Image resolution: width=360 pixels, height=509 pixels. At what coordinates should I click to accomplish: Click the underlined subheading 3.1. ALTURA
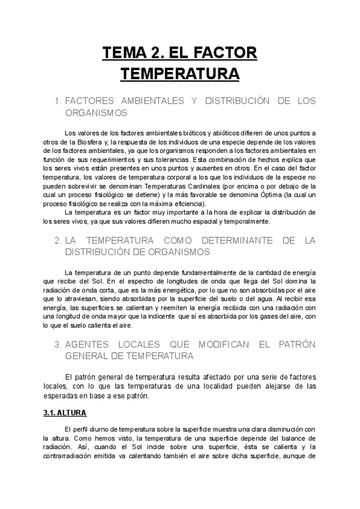65,413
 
